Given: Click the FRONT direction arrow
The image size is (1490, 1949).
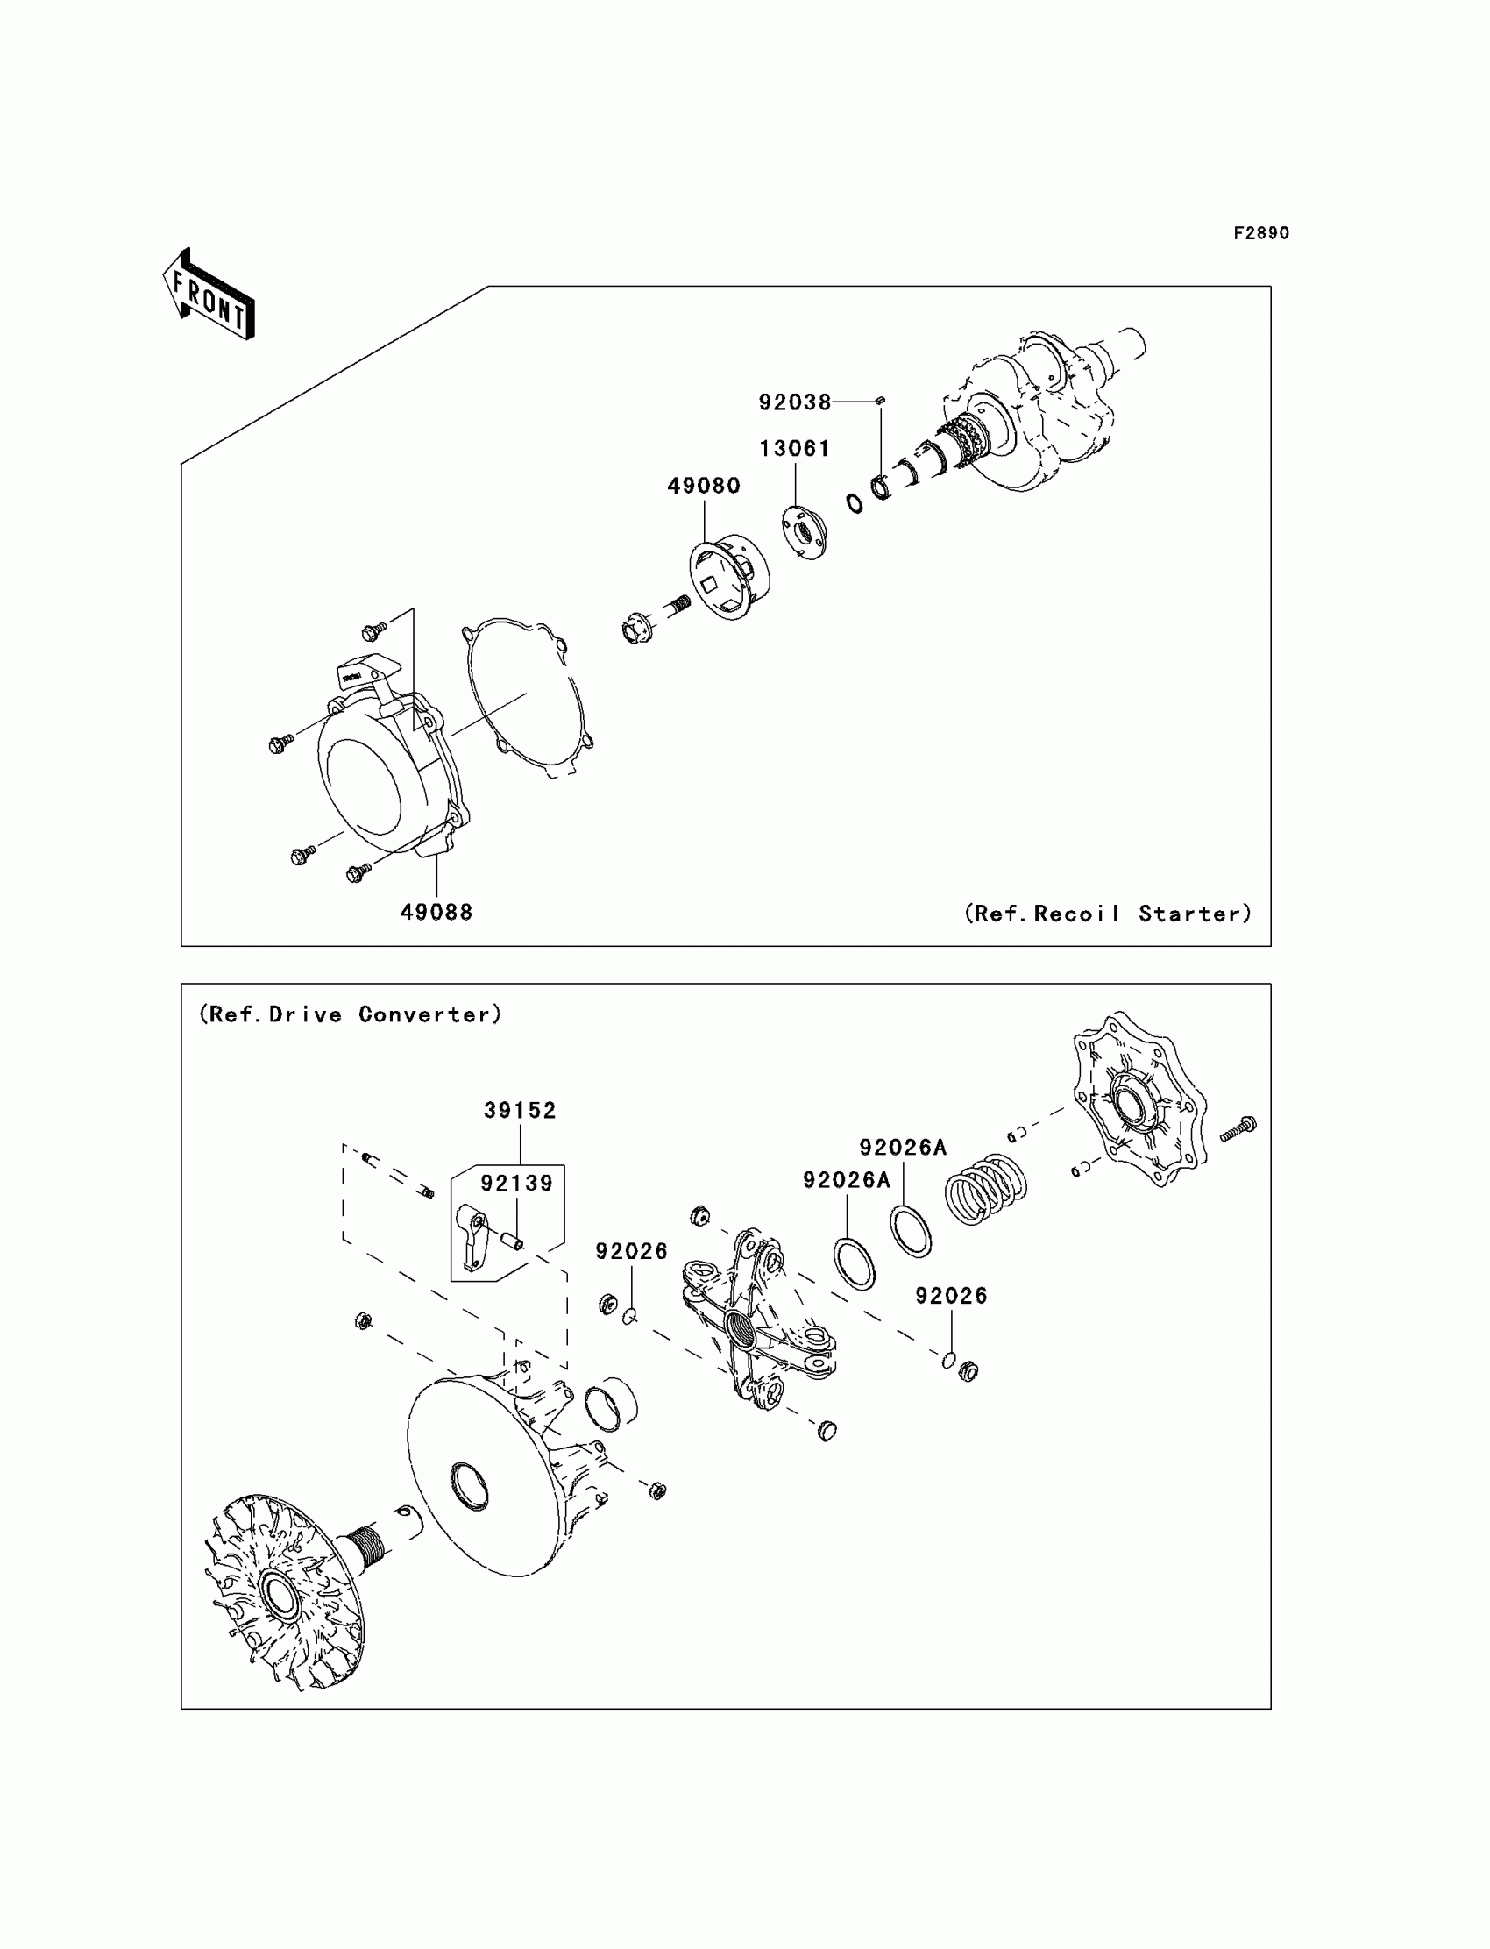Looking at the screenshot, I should pyautogui.click(x=209, y=295).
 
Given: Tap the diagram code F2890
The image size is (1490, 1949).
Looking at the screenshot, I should pyautogui.click(x=1260, y=233).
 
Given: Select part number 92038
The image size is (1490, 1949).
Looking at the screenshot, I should pyautogui.click(x=795, y=402).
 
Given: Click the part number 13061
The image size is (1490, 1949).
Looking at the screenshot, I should pyautogui.click(x=795, y=449).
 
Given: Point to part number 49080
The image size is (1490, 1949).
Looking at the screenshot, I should pyautogui.click(x=703, y=486).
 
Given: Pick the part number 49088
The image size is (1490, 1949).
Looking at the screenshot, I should pyautogui.click(x=436, y=912).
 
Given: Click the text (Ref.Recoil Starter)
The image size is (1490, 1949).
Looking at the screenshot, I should pyautogui.click(x=1108, y=914).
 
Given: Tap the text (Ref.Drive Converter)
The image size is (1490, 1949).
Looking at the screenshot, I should pyautogui.click(x=351, y=1015).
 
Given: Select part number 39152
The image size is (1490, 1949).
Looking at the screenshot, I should pyautogui.click(x=520, y=1111).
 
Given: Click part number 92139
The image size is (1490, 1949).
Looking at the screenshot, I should pyautogui.click(x=516, y=1184).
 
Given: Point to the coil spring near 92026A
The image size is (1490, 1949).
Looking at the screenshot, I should pyautogui.click(x=985, y=1190).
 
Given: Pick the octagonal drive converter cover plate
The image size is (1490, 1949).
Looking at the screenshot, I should pyautogui.click(x=1139, y=1101).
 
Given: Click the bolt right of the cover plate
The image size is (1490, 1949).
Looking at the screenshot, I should pyautogui.click(x=1238, y=1127).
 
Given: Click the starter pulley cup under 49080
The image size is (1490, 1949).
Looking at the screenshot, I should pyautogui.click(x=729, y=578).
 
